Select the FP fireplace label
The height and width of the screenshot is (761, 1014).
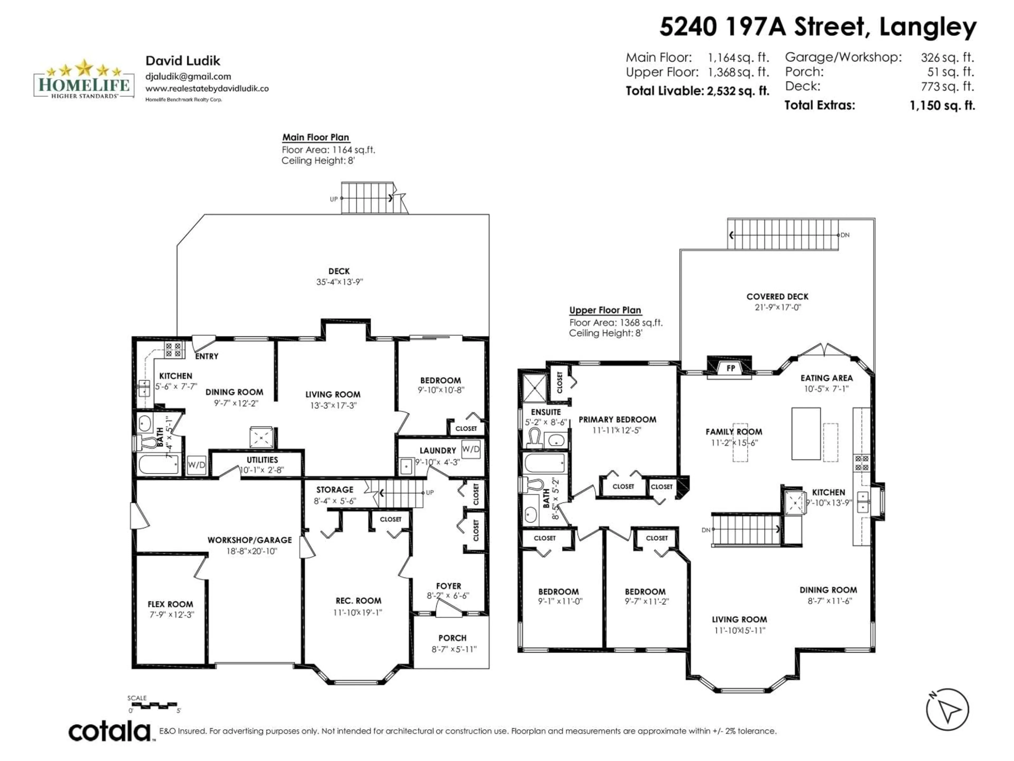click(x=731, y=368)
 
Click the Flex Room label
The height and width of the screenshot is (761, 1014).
click(x=170, y=604)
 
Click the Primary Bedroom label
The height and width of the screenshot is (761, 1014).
click(x=617, y=419)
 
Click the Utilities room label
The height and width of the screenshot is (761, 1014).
click(x=262, y=460)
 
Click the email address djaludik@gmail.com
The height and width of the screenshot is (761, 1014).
click(x=188, y=77)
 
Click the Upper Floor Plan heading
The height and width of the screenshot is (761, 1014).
click(x=605, y=310)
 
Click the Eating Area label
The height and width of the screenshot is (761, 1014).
click(x=827, y=378)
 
